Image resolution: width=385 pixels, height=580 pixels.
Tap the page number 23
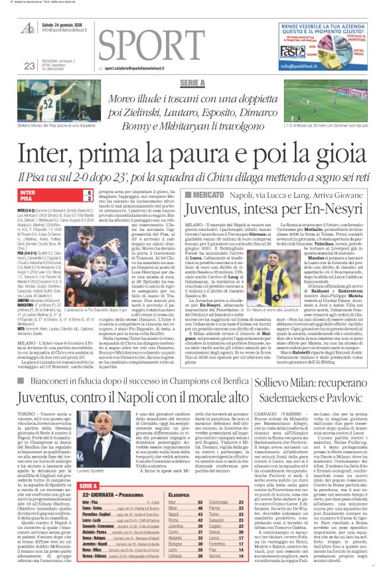[29, 65]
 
